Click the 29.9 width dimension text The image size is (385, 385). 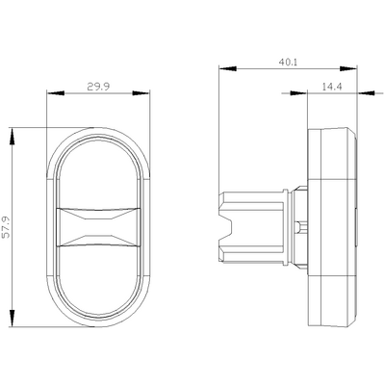point(95,87)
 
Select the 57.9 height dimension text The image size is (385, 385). point(8,227)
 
